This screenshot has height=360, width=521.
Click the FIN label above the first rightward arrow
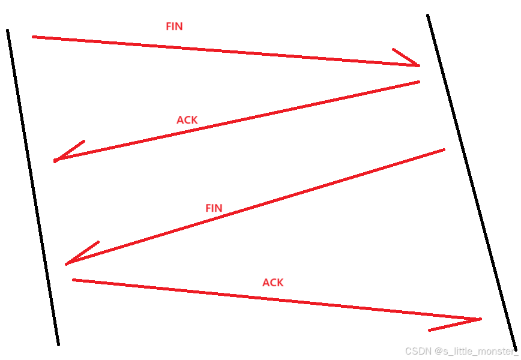pos(174,26)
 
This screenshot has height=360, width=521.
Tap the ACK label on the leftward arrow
pos(187,120)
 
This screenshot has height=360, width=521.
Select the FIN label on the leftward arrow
pos(214,208)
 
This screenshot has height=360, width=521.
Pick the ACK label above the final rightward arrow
pos(273,283)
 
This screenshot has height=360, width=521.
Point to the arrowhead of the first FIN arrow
pos(419,66)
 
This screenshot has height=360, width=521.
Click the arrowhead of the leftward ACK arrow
pos(55,161)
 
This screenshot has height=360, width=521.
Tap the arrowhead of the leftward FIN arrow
pos(67,264)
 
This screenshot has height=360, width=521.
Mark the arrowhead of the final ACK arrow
pos(480,319)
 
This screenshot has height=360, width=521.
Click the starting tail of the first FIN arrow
pos(33,37)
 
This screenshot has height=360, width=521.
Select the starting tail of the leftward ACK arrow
pos(419,82)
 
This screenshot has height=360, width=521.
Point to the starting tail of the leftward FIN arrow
pos(444,150)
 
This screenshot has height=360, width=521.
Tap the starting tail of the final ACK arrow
pos(73,280)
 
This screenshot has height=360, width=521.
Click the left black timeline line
pos(32,188)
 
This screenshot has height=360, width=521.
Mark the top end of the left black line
pos(7,30)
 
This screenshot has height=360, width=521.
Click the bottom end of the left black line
pos(58,345)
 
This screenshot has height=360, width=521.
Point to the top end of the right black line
pos(427,15)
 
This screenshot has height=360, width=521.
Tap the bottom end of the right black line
pos(516,349)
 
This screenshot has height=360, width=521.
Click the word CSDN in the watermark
pos(418,351)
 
